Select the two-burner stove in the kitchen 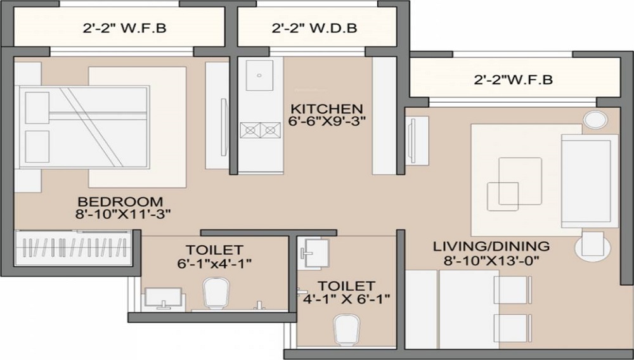coord(260,130)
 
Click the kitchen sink coord(259,75)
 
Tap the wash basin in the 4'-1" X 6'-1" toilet coord(316,250)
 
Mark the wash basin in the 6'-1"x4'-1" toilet coord(164,298)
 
